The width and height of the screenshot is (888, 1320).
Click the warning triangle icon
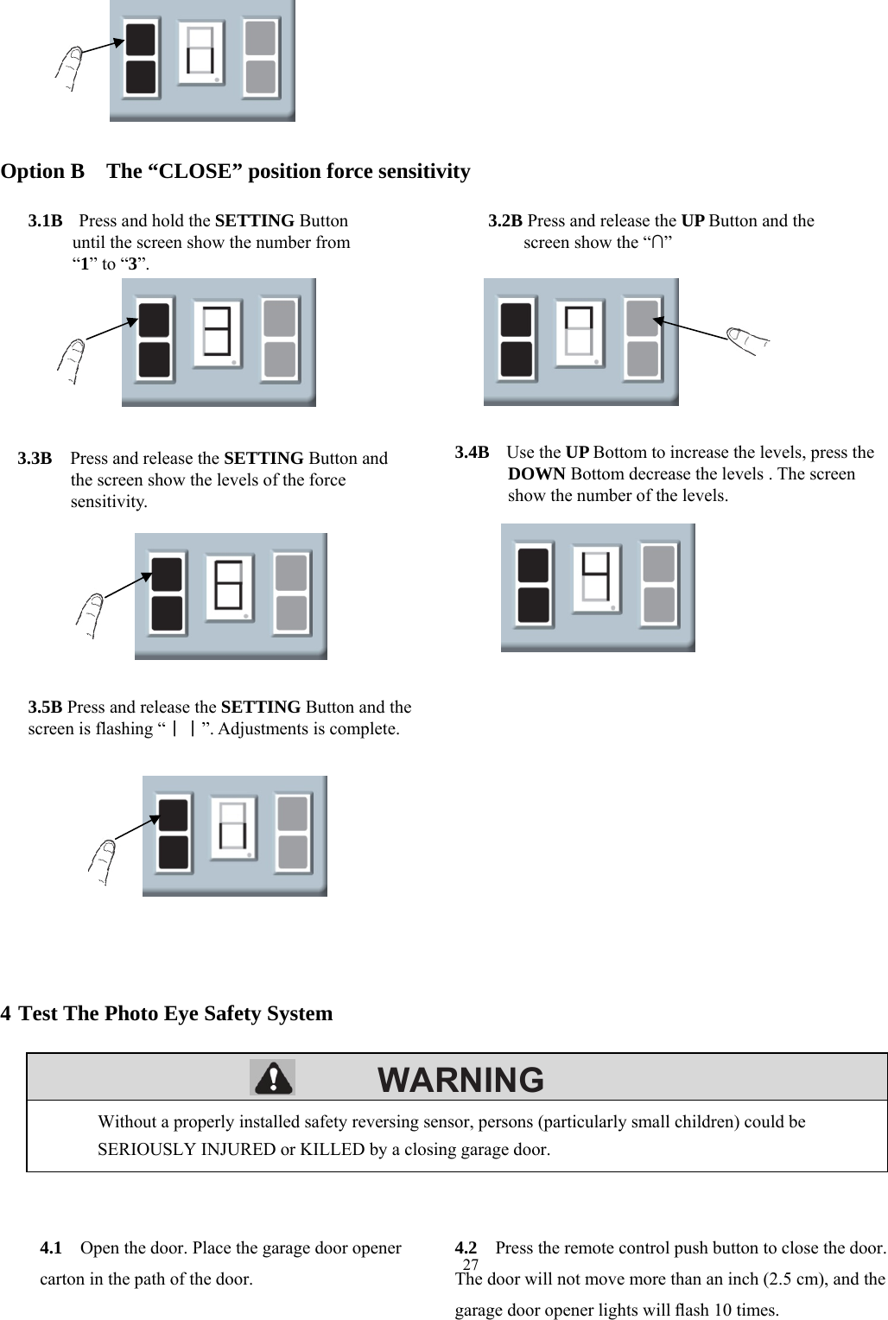tap(272, 1077)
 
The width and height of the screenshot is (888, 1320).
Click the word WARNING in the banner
tap(461, 1080)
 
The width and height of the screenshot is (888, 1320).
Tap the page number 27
tap(471, 1266)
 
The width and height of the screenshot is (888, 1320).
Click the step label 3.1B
tap(45, 221)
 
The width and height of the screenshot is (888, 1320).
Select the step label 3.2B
tap(505, 221)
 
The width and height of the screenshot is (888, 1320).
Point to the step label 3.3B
tap(35, 458)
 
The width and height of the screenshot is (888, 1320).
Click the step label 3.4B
tap(472, 452)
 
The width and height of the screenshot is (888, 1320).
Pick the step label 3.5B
tap(45, 708)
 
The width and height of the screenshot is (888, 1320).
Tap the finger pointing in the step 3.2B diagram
tap(747, 339)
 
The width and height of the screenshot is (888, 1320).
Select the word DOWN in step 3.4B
tap(536, 474)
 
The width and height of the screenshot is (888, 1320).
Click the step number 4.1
tap(50, 1248)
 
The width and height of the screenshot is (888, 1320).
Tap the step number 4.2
tap(466, 1248)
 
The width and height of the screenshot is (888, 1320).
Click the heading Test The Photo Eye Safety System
tap(175, 1013)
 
